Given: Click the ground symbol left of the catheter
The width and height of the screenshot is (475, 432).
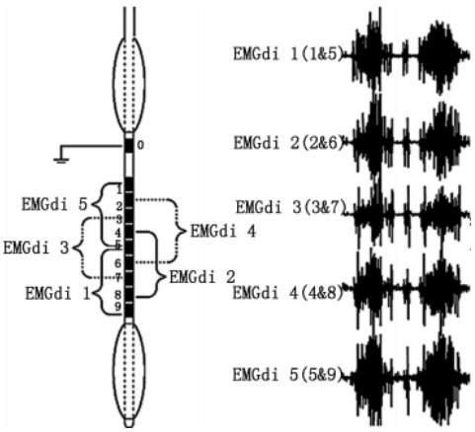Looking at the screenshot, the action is [61, 161].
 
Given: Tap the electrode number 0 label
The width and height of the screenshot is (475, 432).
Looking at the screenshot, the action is [140, 145].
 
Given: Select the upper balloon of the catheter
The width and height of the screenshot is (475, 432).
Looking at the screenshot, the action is [129, 84].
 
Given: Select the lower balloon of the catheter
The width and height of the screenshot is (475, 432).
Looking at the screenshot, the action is [129, 371].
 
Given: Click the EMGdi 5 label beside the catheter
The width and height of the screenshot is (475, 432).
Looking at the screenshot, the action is [54, 204].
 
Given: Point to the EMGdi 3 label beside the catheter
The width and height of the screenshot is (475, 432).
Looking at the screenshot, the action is [36, 248].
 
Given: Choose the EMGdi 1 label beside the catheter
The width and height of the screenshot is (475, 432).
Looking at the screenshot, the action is [58, 294].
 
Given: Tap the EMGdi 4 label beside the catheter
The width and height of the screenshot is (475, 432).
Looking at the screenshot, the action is [223, 232].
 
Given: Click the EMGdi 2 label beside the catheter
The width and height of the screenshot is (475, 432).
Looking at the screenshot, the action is [202, 277].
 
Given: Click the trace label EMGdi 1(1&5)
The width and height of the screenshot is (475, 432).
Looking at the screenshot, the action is [288, 54].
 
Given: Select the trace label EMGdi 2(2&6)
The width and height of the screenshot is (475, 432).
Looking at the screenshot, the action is [288, 143].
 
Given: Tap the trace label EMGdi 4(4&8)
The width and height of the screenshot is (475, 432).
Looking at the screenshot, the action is [288, 293].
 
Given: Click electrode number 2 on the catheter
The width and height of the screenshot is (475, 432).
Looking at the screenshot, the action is [119, 206].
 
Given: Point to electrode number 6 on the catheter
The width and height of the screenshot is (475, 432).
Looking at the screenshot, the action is [118, 263].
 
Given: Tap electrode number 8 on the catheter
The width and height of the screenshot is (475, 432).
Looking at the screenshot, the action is [118, 294].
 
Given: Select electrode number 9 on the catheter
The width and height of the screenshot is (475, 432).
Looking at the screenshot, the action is [118, 307].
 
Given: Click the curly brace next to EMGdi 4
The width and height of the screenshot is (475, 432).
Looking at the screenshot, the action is [178, 231].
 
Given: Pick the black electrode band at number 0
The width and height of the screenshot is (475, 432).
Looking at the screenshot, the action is [129, 146].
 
